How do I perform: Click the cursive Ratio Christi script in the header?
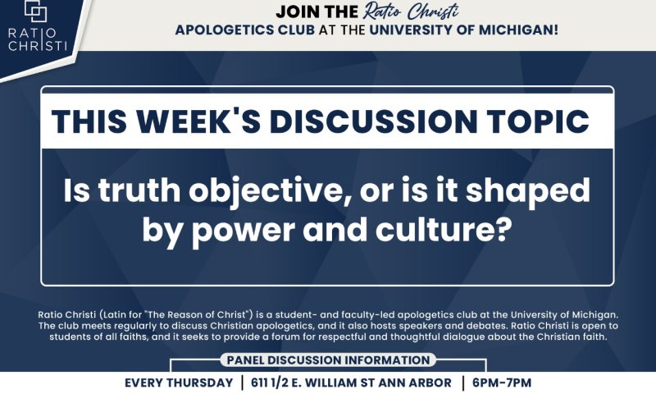click(x=411, y=11)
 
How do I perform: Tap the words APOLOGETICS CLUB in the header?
click(x=245, y=30)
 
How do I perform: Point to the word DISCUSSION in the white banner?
click(x=374, y=121)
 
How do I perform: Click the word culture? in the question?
click(x=444, y=230)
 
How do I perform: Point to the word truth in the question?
click(x=139, y=190)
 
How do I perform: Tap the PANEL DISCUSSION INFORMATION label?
click(x=329, y=360)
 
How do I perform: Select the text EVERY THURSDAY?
click(x=179, y=383)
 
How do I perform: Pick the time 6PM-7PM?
click(x=502, y=383)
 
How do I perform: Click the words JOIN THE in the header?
click(x=317, y=12)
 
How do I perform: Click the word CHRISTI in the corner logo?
click(x=38, y=45)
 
